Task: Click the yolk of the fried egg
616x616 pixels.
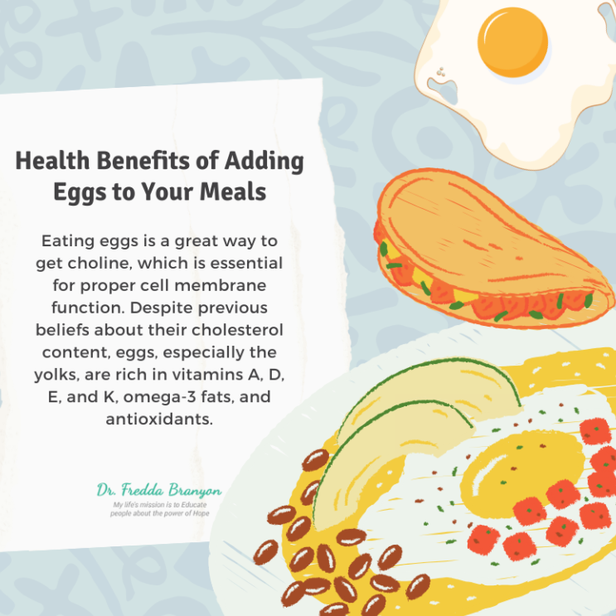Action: click(x=512, y=42)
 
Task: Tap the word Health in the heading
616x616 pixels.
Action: click(x=52, y=161)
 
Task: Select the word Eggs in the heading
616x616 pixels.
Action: click(x=80, y=192)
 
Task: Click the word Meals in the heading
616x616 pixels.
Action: click(x=233, y=192)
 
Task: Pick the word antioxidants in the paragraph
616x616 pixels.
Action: click(x=159, y=419)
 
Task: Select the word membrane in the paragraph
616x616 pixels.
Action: click(x=220, y=285)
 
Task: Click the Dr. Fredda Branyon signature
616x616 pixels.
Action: click(x=159, y=490)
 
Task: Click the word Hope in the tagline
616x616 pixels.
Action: click(x=201, y=513)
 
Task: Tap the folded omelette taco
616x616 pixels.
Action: click(x=493, y=249)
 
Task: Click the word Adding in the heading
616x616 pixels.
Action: click(x=264, y=162)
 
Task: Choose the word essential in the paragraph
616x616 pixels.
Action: click(x=246, y=263)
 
